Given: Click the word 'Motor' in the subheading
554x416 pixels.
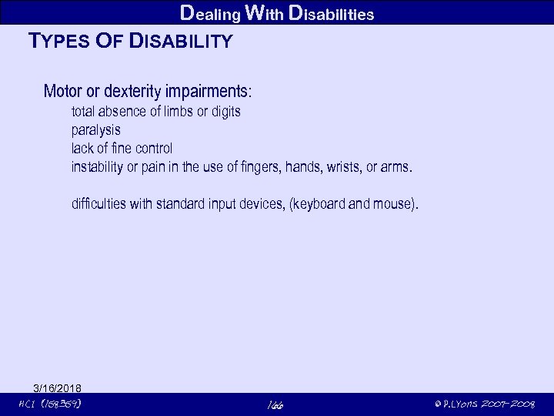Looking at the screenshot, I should (63, 91).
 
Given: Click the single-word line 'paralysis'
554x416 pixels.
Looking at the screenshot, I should (95, 130).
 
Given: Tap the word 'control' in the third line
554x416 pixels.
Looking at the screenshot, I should (153, 148).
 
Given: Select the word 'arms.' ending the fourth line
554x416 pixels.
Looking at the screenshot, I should (399, 166).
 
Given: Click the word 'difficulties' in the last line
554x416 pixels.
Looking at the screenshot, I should (101, 204).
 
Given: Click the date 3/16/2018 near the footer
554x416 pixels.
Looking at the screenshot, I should (58, 387).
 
